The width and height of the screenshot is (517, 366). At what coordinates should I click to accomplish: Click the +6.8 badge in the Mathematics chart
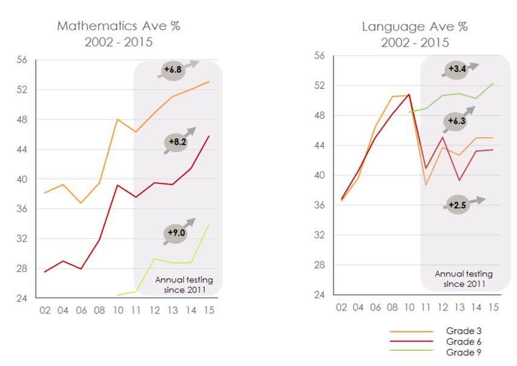[173, 70]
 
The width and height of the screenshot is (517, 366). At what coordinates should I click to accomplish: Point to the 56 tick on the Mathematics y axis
[22, 60]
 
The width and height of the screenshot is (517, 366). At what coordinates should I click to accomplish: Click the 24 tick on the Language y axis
[320, 295]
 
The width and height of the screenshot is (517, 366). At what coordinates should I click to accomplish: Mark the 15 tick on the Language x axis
[493, 307]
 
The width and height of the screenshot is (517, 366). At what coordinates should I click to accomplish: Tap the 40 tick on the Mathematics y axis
[22, 179]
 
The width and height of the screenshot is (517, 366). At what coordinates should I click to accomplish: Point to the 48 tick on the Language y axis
[320, 116]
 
